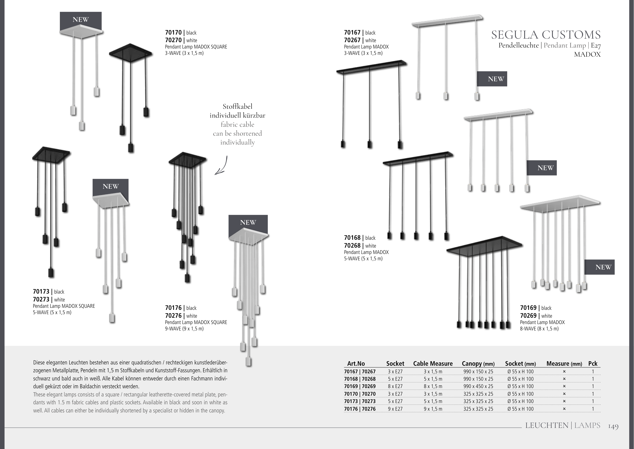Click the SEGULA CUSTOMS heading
[x=546, y=35]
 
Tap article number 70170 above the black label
[x=173, y=33]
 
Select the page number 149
[x=613, y=427]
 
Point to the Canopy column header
[x=478, y=364]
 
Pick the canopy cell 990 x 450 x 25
[x=478, y=386]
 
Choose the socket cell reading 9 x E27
[x=395, y=409]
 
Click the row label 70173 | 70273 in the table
[x=360, y=401]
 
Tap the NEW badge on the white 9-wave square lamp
[x=248, y=222]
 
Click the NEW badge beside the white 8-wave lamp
[x=603, y=267]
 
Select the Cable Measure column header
[x=433, y=364]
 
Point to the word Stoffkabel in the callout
[x=237, y=106]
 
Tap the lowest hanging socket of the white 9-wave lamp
[x=248, y=362]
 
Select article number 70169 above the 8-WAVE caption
[x=528, y=308]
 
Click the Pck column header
[x=593, y=364]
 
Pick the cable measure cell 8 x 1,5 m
[x=433, y=386]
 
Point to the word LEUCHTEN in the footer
[x=547, y=425]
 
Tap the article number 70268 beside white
[x=352, y=246]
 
